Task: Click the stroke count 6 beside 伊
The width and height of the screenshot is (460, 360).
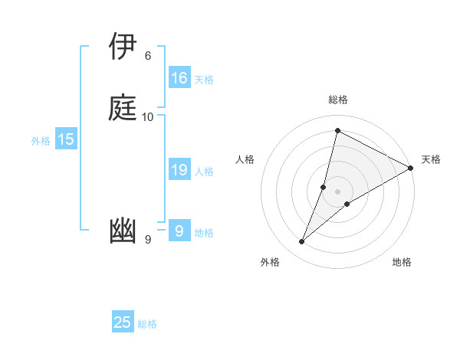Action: [148, 55]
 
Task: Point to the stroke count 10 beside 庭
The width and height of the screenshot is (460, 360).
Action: [148, 116]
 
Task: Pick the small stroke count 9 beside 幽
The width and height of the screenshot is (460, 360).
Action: [148, 241]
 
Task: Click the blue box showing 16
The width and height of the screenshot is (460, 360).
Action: [179, 78]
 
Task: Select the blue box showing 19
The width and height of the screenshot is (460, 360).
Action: [179, 170]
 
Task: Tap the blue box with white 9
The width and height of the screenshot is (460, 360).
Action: [179, 231]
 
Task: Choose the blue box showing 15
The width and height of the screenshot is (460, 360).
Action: [66, 139]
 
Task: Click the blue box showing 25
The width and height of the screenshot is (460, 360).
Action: [123, 322]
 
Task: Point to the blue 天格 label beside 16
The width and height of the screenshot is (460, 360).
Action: [204, 80]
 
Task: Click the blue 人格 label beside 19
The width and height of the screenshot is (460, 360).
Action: [204, 172]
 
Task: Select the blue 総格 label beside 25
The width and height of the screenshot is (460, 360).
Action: [147, 324]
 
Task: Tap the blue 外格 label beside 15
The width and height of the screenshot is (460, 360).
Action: [41, 141]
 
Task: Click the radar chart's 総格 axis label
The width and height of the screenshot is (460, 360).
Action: [337, 100]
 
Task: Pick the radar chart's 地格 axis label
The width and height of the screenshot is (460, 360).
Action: [402, 263]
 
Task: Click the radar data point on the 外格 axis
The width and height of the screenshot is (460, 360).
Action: [302, 242]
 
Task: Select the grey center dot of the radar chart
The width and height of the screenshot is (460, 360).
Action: [337, 191]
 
